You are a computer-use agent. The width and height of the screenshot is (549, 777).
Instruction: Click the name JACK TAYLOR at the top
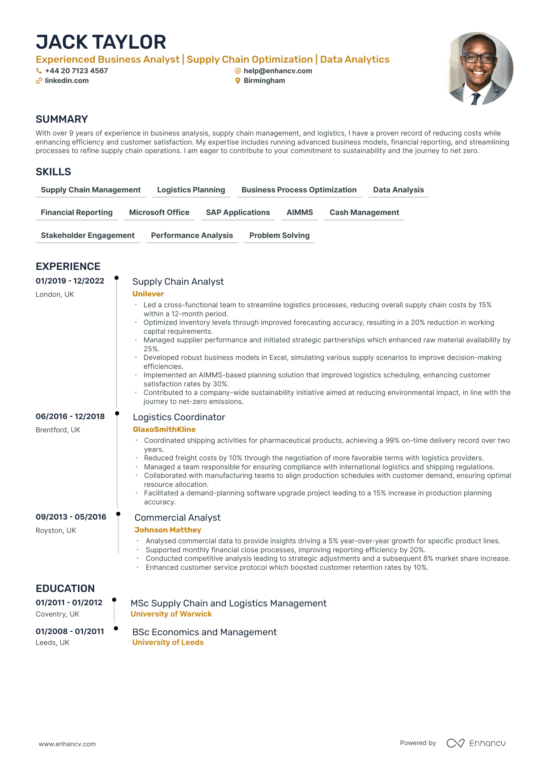pyautogui.click(x=101, y=42)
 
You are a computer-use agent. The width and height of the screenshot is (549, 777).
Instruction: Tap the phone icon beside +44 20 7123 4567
pyautogui.click(x=39, y=71)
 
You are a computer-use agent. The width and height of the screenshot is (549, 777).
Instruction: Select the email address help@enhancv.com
pyautogui.click(x=278, y=71)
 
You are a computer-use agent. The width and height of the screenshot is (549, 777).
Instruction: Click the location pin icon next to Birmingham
pyautogui.click(x=238, y=81)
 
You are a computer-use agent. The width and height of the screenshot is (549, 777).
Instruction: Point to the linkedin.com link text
pyautogui.click(x=67, y=81)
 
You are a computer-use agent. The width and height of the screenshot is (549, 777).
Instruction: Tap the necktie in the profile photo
pyautogui.click(x=475, y=99)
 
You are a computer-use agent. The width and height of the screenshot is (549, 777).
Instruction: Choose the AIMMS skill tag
pyautogui.click(x=299, y=212)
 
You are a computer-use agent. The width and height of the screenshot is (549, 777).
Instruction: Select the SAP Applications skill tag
pyautogui.click(x=238, y=212)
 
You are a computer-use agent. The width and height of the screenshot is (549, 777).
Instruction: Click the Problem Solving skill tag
pyautogui.click(x=279, y=235)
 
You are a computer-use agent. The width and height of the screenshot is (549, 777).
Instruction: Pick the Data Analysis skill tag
pyautogui.click(x=398, y=190)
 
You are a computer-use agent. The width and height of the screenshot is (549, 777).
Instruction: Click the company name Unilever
pyautogui.click(x=148, y=294)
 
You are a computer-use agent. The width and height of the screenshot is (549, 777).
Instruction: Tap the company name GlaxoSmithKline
pyautogui.click(x=164, y=429)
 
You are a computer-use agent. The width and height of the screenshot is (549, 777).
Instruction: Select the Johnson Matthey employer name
pyautogui.click(x=168, y=530)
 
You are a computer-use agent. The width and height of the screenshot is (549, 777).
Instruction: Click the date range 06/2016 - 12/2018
pyautogui.click(x=70, y=416)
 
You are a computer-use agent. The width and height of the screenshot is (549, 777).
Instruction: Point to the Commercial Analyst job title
pyautogui.click(x=177, y=518)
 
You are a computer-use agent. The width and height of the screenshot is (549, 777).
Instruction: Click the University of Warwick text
pyautogui.click(x=171, y=614)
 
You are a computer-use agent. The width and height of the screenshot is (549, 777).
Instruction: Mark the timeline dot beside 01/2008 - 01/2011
pyautogui.click(x=116, y=628)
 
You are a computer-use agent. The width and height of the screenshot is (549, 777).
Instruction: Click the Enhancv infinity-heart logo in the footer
pyautogui.click(x=455, y=743)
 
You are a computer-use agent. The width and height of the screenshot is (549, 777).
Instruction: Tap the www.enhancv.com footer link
pyautogui.click(x=67, y=744)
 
